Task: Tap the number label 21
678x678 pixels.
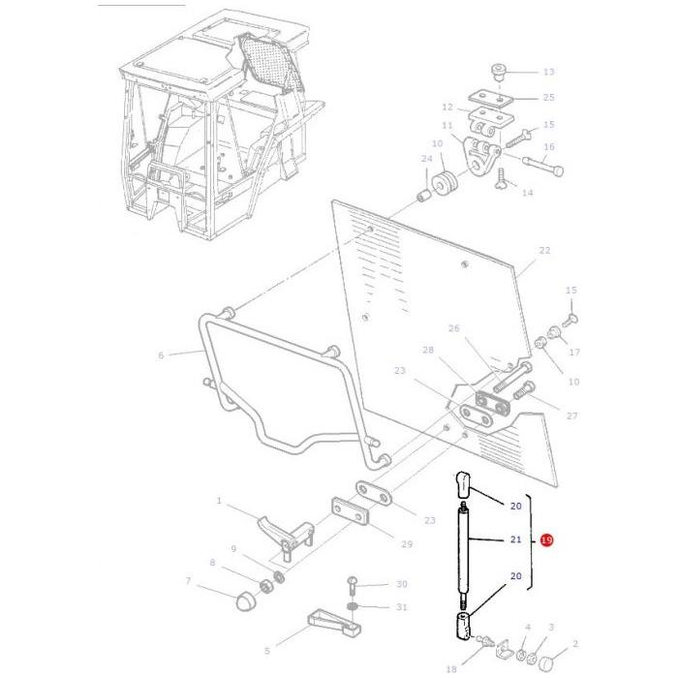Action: [x=515, y=539]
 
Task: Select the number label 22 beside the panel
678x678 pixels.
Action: [x=544, y=251]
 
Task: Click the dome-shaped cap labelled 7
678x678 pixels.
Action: [x=246, y=601]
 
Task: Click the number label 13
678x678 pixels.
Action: [x=548, y=73]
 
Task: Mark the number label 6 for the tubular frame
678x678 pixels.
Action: [x=161, y=355]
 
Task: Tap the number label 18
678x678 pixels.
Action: [x=451, y=668]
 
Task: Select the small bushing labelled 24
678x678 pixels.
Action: [x=423, y=198]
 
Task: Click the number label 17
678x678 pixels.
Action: [x=574, y=352]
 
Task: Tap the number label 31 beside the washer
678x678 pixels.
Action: [x=401, y=608]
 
